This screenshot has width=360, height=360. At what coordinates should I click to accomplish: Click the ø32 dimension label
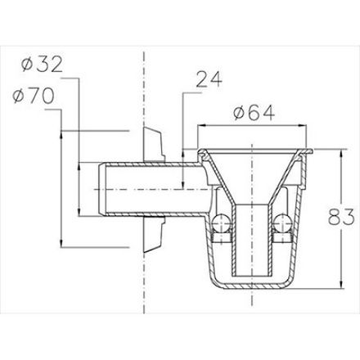(x=43, y=65)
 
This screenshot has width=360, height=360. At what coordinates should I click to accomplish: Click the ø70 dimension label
(x=34, y=97)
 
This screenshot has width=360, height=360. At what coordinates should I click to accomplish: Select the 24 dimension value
(x=209, y=79)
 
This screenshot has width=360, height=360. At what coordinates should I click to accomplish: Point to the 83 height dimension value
(x=341, y=217)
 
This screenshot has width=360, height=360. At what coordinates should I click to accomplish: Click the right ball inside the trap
(x=283, y=223)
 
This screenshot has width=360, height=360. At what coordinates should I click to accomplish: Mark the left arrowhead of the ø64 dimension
(x=201, y=125)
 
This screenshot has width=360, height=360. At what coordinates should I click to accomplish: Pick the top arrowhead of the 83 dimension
(x=340, y=153)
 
